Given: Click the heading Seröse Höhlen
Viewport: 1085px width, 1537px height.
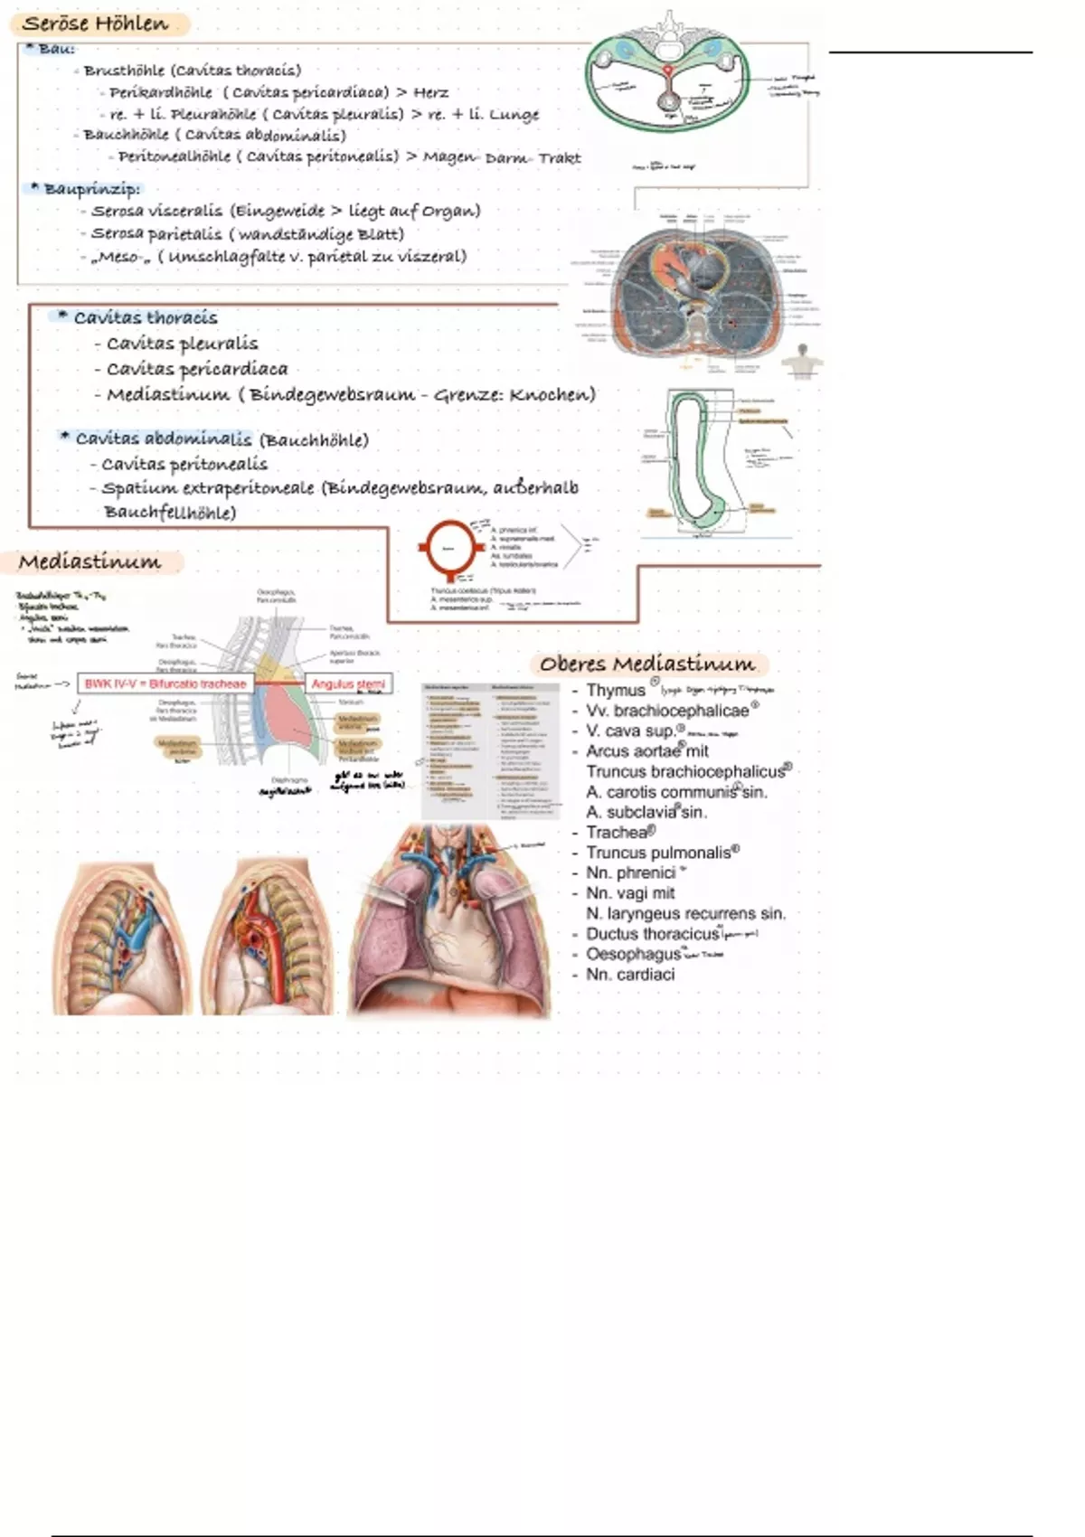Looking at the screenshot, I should point(96,24).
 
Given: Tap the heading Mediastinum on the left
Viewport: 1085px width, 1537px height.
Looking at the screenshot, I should point(90,561).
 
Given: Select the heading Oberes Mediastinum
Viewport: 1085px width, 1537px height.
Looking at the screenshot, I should point(646,664).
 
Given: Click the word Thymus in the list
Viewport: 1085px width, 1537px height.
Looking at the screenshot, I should point(615,691).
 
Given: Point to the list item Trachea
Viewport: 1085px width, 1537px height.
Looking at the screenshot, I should point(618,832).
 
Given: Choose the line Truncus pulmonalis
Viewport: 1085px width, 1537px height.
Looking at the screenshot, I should point(657,853).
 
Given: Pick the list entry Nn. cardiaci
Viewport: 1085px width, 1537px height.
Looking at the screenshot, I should point(630,974).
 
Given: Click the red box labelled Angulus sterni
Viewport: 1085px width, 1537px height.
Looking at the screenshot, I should point(348,684).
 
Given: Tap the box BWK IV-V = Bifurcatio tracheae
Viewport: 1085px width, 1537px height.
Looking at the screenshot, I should point(165,684).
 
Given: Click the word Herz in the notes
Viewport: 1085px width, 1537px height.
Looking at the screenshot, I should point(430,92).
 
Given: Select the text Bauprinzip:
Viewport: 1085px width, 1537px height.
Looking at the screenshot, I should point(91,189).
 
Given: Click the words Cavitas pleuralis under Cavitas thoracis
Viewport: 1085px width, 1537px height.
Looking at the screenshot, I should point(182,344).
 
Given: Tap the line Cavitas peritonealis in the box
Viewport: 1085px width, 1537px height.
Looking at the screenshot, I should point(184,464).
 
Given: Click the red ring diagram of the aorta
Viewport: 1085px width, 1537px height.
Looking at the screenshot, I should point(448,548).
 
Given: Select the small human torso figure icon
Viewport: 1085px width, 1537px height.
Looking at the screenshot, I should point(801,362).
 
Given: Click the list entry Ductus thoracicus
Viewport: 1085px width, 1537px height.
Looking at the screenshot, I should point(652,934).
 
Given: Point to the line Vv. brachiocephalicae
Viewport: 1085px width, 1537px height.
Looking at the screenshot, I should point(667,711).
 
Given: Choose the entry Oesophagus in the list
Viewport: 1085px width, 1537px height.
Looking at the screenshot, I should point(633,954).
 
